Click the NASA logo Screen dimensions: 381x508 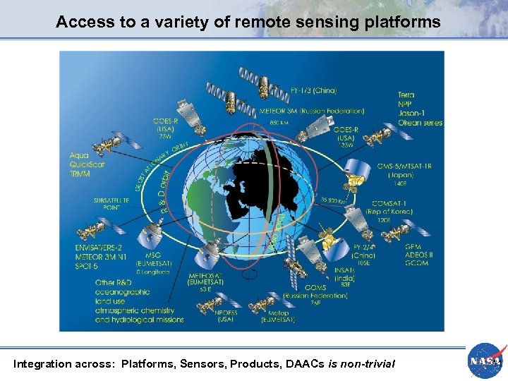pos(485,360)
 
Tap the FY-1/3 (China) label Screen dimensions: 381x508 pos(313,90)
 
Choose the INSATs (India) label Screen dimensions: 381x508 pos(344,272)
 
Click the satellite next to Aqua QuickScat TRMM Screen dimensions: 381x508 pos(108,145)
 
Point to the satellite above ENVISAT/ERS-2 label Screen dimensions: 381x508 pos(92,230)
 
